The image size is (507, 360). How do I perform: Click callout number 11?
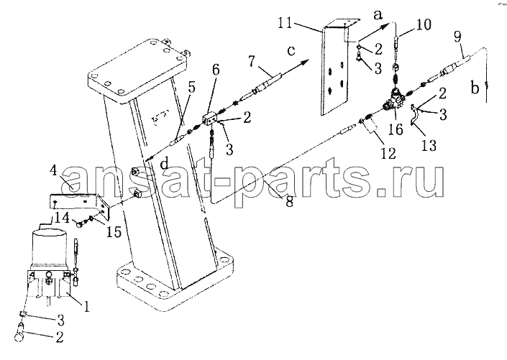[285, 23]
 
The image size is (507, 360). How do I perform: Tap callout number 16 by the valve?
[396, 129]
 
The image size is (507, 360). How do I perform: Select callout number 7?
[253, 62]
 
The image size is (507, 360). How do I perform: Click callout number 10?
[424, 24]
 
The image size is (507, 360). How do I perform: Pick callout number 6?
[216, 70]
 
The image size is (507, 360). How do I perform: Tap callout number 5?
[192, 87]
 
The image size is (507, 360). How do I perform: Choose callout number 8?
[289, 201]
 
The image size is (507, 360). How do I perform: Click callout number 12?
[388, 153]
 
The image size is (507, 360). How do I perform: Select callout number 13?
[429, 144]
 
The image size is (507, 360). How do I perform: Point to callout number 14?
[62, 218]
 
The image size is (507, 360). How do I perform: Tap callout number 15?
[114, 231]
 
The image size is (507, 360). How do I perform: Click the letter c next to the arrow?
[291, 51]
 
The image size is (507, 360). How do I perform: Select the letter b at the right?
[475, 88]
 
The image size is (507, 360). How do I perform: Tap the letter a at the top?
[378, 14]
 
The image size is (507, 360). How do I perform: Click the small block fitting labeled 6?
[210, 119]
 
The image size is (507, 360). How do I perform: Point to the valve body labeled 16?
[394, 100]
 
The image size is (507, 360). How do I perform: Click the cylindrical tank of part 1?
[50, 247]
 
